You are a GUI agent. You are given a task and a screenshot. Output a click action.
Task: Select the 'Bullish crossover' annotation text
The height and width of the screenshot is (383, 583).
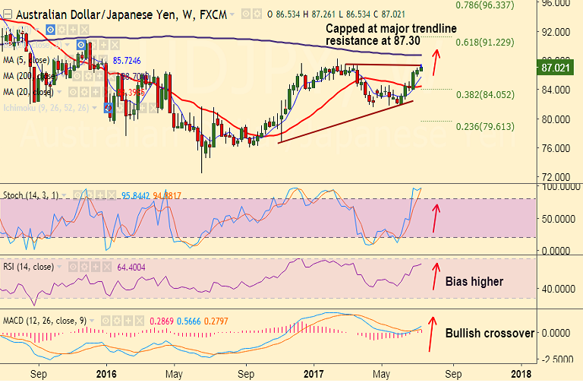tap(490, 333)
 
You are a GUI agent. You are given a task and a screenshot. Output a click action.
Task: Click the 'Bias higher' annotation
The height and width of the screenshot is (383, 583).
tap(474, 282)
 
